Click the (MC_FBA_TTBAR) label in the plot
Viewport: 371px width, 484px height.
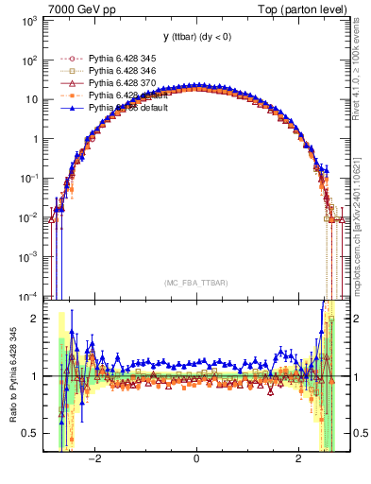(195, 283)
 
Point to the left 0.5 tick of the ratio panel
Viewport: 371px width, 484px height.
(31, 433)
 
